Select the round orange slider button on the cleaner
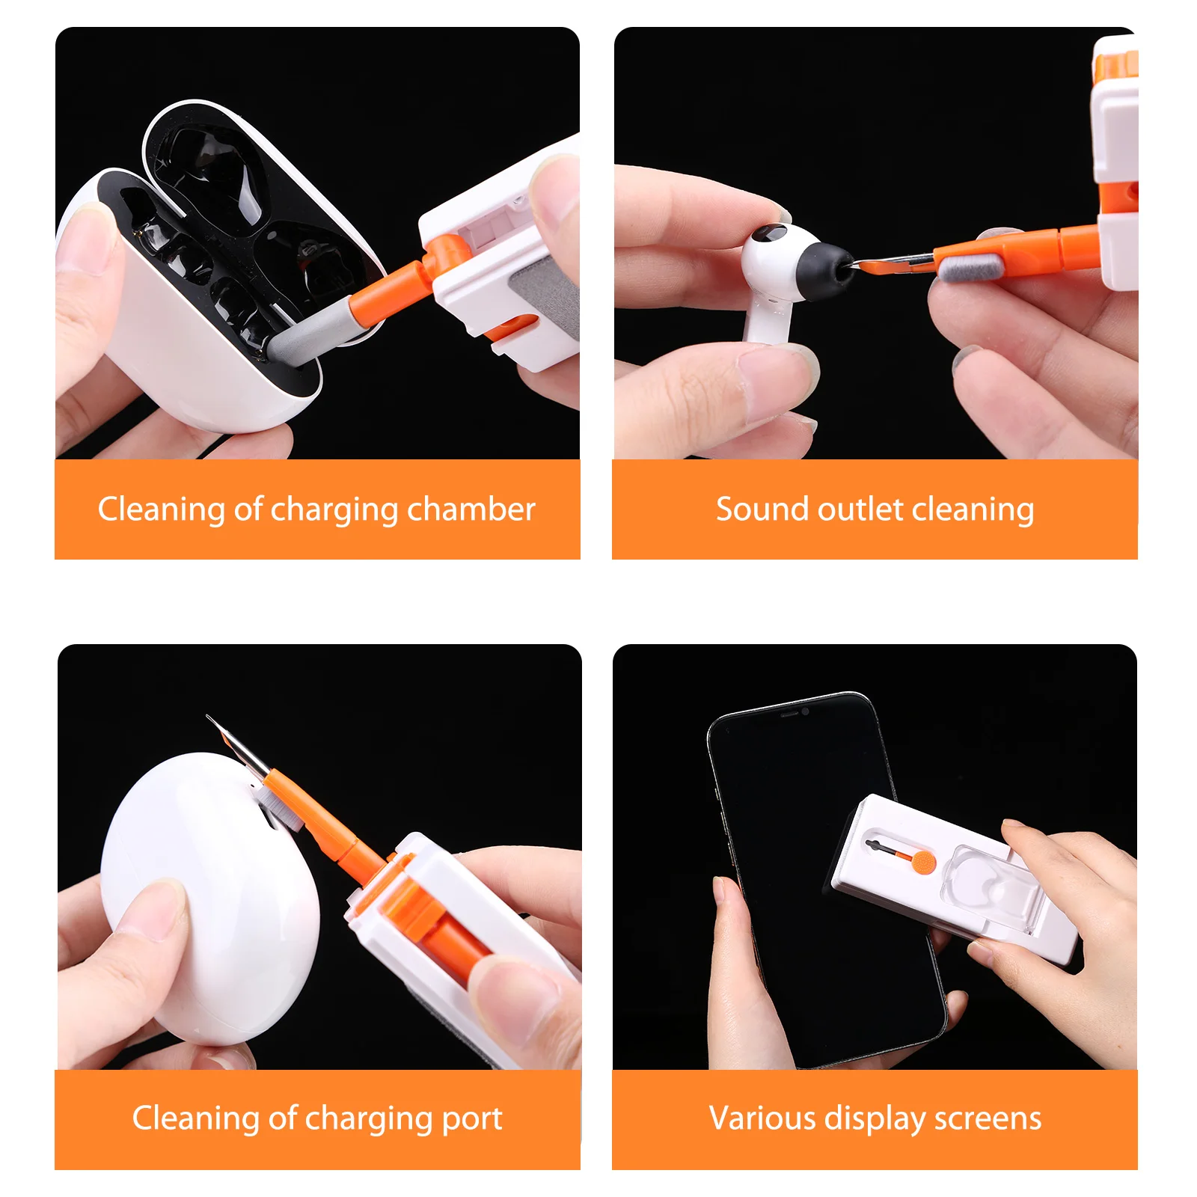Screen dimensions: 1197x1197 tap(925, 862)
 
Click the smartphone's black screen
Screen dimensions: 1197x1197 tap(793, 860)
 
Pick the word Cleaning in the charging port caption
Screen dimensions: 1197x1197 tap(195, 1118)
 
